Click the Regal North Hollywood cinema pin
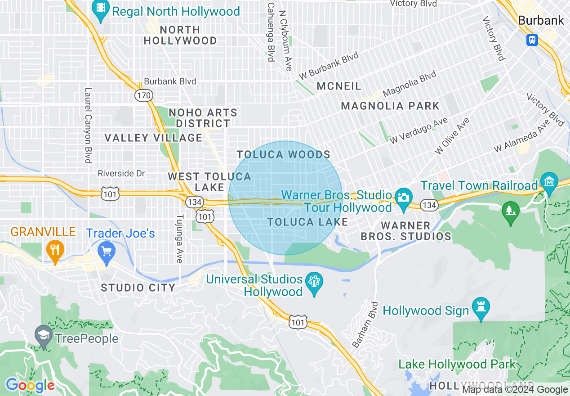101,10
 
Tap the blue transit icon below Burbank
532,40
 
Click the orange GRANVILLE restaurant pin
55,251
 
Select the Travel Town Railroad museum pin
549,183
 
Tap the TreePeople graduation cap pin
44,336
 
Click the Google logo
30,385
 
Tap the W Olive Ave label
452,136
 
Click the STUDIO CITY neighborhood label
135,288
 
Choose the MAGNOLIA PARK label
390,106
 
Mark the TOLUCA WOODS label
284,155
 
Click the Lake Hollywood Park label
458,364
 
